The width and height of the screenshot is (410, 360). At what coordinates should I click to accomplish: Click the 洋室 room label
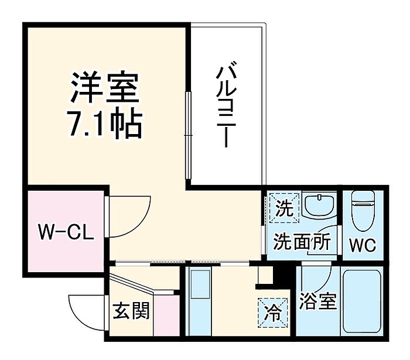(x=105, y=88)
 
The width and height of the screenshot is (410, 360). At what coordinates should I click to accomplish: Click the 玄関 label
(x=131, y=310)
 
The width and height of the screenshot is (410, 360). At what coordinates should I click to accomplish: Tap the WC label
(x=363, y=243)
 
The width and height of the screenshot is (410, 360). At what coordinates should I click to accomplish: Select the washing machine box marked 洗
(x=284, y=207)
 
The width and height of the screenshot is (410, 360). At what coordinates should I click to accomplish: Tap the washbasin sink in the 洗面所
(x=320, y=206)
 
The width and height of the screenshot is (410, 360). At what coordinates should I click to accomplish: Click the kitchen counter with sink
(x=201, y=299)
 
